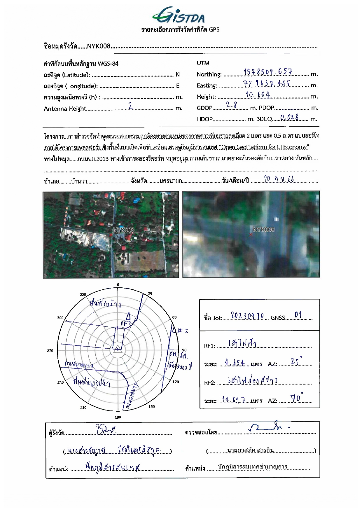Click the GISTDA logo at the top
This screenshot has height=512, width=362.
[x=179, y=15]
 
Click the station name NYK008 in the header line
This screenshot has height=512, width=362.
[x=99, y=46]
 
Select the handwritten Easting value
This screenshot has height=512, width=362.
[x=266, y=84]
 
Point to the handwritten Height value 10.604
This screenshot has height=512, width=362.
[x=258, y=95]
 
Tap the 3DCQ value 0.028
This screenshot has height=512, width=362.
[x=289, y=117]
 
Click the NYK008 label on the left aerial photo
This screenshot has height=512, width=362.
[x=124, y=230]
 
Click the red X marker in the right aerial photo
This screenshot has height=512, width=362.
[x=251, y=234]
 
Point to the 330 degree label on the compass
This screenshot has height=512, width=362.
[x=83, y=294]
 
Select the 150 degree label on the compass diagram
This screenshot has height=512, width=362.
[x=152, y=406]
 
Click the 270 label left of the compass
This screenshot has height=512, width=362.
[x=50, y=351]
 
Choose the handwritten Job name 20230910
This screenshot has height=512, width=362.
[x=247, y=316]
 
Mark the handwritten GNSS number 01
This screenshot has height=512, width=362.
[x=298, y=315]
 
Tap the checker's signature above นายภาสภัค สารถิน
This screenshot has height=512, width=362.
[x=268, y=428]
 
